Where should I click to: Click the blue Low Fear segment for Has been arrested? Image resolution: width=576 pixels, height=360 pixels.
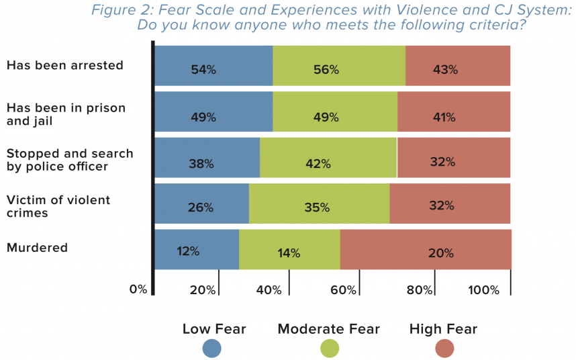[213, 66]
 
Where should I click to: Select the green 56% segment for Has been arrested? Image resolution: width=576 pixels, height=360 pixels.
[339, 66]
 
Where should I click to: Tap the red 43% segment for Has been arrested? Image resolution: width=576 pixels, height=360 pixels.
[458, 66]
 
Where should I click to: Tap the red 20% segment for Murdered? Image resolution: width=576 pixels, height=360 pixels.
[426, 250]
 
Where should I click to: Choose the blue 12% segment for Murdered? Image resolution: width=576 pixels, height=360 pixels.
[197, 250]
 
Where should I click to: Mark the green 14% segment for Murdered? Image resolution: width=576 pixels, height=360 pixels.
[289, 250]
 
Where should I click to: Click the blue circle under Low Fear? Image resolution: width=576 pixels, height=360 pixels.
[212, 349]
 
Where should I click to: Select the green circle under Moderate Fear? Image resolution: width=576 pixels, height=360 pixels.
[330, 349]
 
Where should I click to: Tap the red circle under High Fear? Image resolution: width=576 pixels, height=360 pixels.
[444, 349]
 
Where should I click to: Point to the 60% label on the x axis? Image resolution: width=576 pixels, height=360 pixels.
[343, 290]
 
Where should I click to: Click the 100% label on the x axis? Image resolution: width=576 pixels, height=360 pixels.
[484, 290]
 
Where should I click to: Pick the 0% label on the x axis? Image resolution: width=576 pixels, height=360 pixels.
[138, 289]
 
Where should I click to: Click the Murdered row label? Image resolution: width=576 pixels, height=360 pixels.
[37, 248]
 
